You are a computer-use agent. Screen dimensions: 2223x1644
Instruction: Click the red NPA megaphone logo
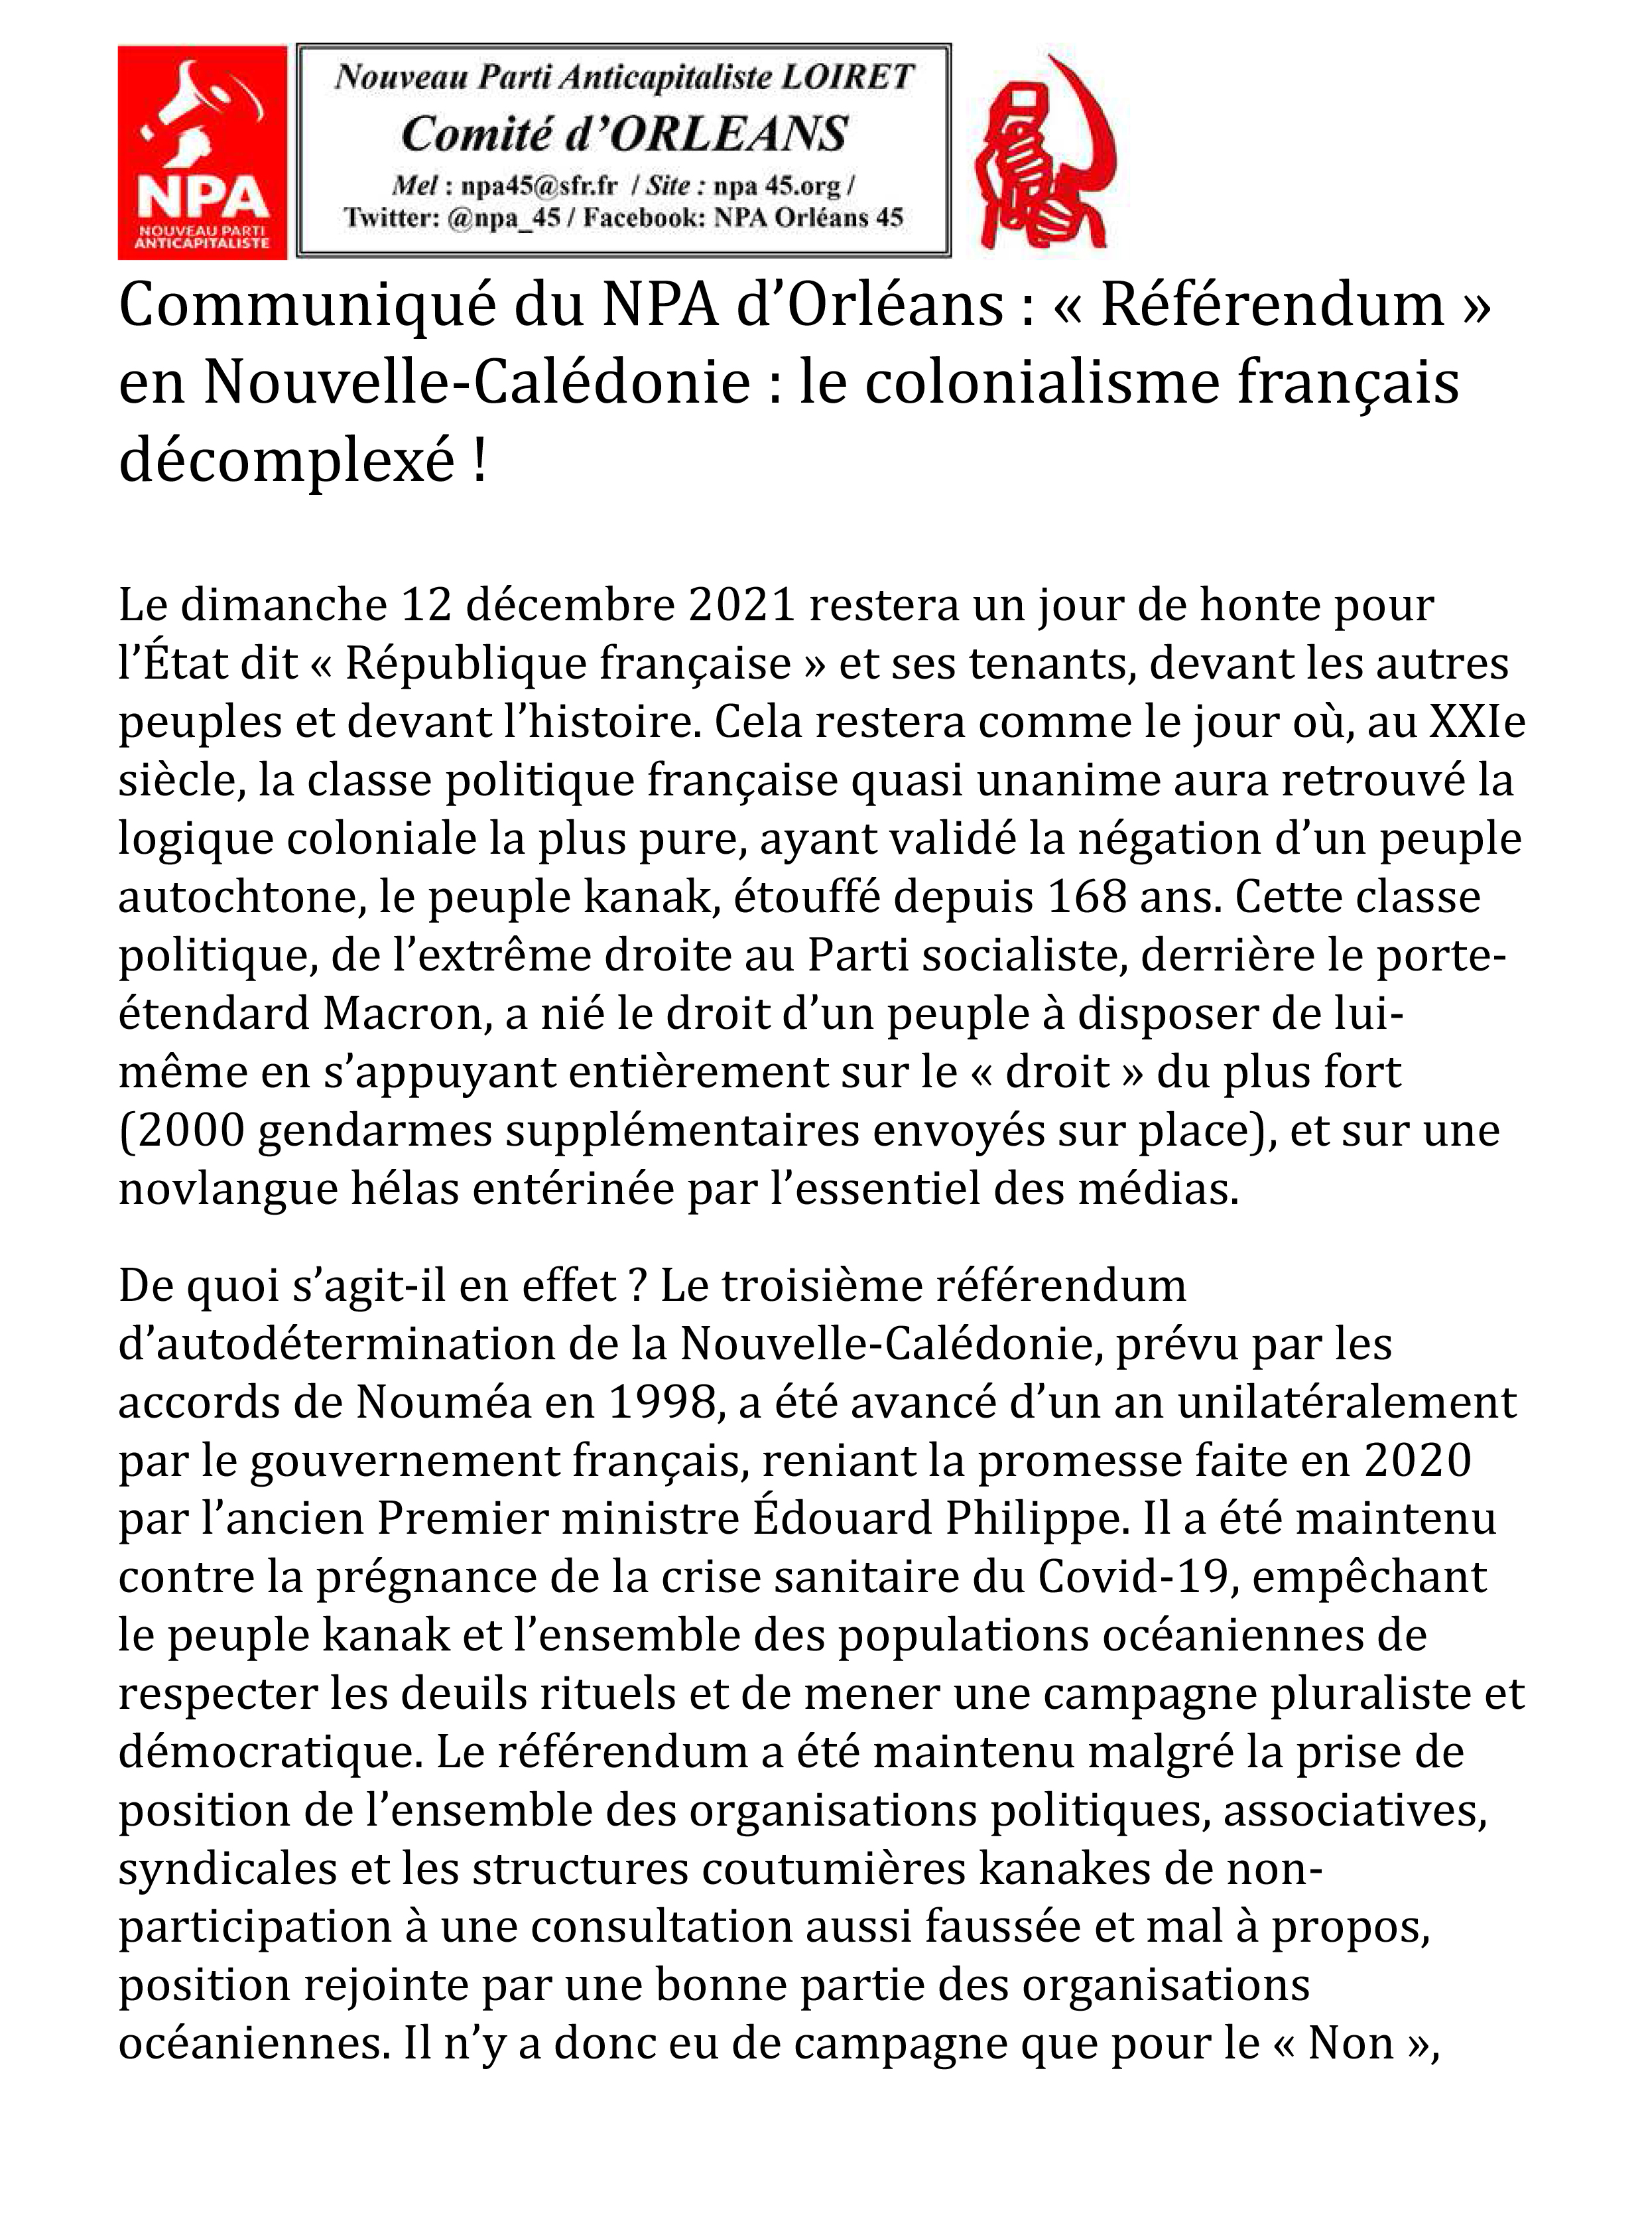(x=202, y=153)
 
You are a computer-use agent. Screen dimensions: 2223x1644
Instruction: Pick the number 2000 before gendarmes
(x=187, y=1131)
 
